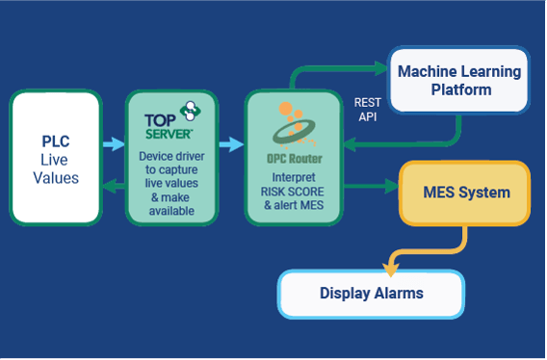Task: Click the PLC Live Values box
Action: click(55, 158)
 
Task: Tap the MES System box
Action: click(465, 193)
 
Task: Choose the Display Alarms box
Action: click(371, 293)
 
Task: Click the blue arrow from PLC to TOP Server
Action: click(113, 144)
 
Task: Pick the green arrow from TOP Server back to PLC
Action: click(113, 187)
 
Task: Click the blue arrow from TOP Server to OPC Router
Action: click(230, 144)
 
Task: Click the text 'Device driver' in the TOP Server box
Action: click(170, 156)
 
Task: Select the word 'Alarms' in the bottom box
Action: click(397, 293)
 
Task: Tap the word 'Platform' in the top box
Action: click(459, 90)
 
